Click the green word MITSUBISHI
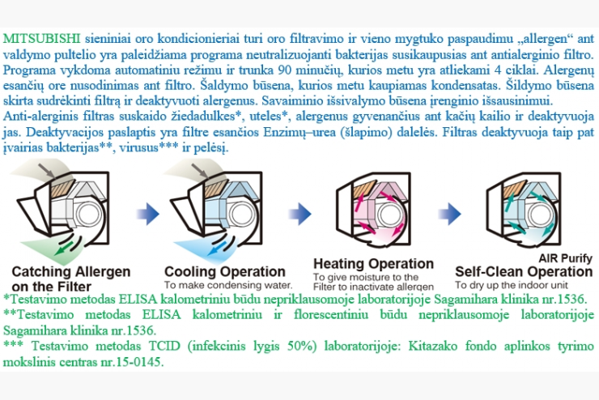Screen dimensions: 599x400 click(x=41, y=39)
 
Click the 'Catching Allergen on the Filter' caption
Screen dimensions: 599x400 click(x=71, y=279)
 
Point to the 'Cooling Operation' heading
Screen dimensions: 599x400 click(x=225, y=271)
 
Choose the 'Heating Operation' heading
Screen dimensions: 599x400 click(x=374, y=264)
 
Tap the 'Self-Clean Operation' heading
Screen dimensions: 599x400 click(x=524, y=271)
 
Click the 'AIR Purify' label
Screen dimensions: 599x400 click(x=565, y=258)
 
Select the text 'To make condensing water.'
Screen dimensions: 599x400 click(x=228, y=285)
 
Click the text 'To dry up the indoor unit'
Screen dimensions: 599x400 click(x=511, y=285)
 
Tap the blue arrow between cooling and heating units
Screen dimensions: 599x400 click(x=300, y=214)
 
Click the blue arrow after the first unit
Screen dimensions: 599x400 click(x=148, y=214)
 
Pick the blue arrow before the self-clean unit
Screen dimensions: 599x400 click(x=449, y=214)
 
